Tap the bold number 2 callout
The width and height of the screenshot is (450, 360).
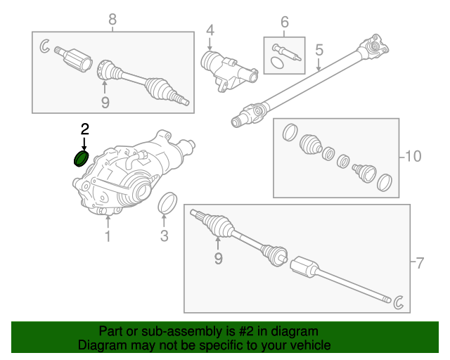pyautogui.click(x=85, y=129)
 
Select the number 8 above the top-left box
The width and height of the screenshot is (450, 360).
pyautogui.click(x=112, y=20)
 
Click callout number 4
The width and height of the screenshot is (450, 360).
pyautogui.click(x=210, y=30)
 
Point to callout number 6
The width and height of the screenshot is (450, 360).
pyautogui.click(x=284, y=22)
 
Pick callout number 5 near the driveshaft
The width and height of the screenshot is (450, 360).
pyautogui.click(x=319, y=50)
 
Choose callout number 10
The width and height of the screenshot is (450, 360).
pyautogui.click(x=413, y=157)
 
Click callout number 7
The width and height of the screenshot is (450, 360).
pyautogui.click(x=420, y=263)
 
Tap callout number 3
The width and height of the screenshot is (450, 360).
pyautogui.click(x=164, y=236)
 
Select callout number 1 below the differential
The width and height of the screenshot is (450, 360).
pyautogui.click(x=108, y=236)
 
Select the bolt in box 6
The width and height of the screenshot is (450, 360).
pyautogui.click(x=286, y=53)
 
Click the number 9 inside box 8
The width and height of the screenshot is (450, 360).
pyautogui.click(x=105, y=103)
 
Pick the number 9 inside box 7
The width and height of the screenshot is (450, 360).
pyautogui.click(x=219, y=258)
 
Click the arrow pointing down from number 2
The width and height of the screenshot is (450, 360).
pyautogui.click(x=84, y=144)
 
